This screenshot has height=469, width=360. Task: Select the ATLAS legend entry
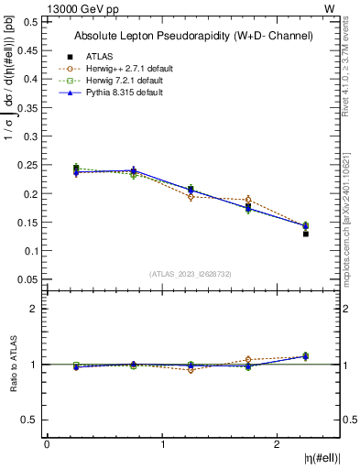click(98, 57)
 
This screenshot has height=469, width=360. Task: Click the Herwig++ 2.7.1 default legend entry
click(118, 69)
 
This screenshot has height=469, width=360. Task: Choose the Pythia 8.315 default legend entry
click(115, 93)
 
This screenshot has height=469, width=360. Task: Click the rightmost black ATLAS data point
click(306, 234)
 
